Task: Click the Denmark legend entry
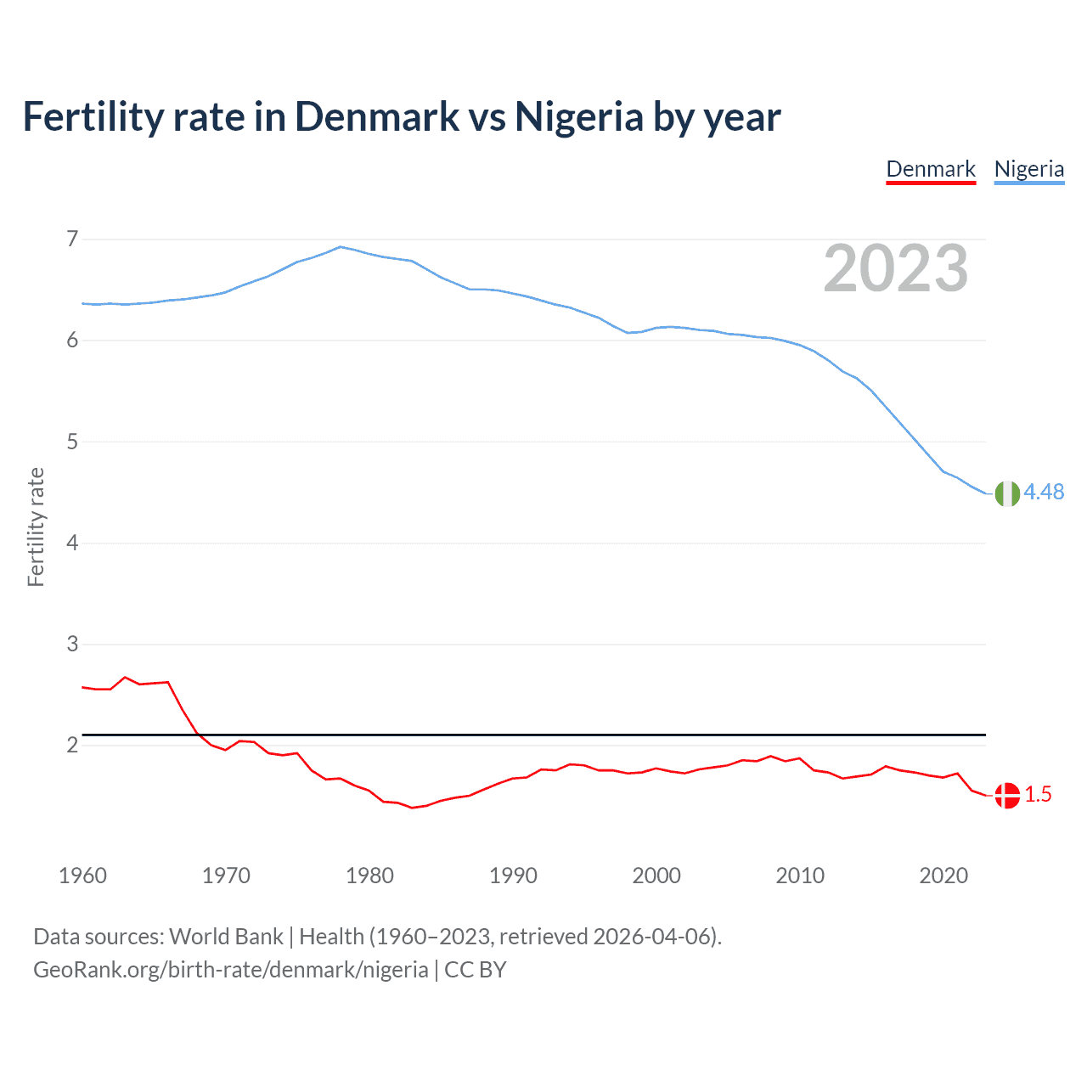click(931, 169)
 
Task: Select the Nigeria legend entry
click(1028, 169)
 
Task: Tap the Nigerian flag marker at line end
click(1007, 493)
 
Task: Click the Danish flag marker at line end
click(1007, 796)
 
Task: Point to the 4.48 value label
click(1044, 493)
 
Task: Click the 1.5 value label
click(1038, 795)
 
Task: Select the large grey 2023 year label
click(896, 268)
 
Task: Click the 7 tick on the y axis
click(72, 239)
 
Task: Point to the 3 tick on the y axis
click(72, 645)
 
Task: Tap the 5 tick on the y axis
click(72, 442)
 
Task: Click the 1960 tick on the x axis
click(82, 876)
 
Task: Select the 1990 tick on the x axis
click(513, 876)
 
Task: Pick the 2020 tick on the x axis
click(943, 876)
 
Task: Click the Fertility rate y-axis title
click(36, 527)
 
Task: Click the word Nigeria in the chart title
click(579, 117)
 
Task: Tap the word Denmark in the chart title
click(377, 117)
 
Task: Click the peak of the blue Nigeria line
click(341, 247)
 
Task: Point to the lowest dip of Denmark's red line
click(412, 808)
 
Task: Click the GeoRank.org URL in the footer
click(231, 970)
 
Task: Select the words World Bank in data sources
click(226, 937)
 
